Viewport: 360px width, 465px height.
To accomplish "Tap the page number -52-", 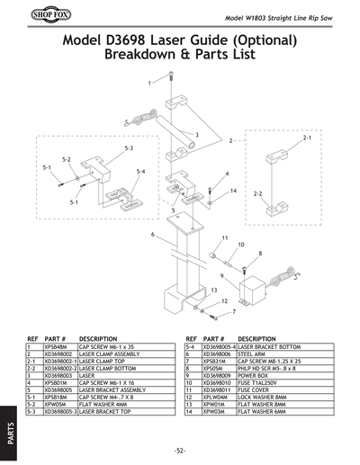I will click(x=180, y=450).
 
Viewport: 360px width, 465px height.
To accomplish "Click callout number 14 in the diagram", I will click(x=232, y=191).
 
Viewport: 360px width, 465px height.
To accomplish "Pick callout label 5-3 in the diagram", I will click(x=129, y=147).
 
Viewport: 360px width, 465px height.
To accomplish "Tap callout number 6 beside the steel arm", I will click(x=154, y=234).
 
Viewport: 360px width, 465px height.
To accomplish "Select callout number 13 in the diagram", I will click(x=214, y=290).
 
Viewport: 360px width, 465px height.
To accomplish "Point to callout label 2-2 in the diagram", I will click(x=258, y=193).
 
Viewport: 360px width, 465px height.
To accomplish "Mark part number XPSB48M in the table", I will click(x=52, y=346).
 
